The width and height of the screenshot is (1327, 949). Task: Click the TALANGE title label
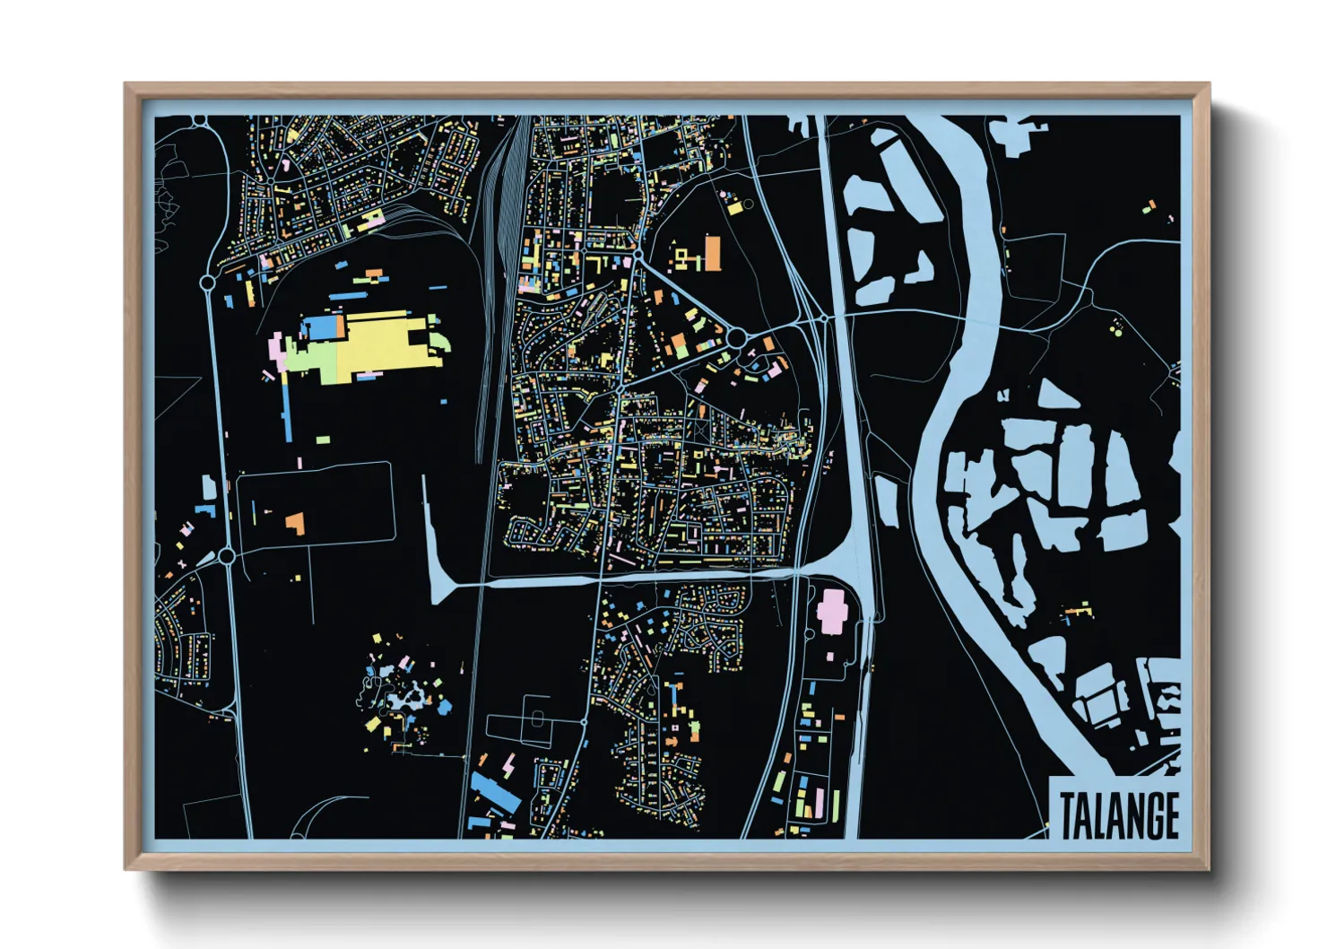click(1118, 814)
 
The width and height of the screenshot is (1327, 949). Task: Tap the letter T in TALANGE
click(1069, 815)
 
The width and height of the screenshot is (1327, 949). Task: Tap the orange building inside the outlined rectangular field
click(295, 523)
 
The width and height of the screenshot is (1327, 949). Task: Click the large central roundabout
click(736, 338)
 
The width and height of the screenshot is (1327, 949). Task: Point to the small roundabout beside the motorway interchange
click(823, 318)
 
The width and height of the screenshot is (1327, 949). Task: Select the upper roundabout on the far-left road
click(207, 283)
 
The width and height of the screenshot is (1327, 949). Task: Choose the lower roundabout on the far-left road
click(227, 556)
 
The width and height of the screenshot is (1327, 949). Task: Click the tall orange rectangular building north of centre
click(712, 253)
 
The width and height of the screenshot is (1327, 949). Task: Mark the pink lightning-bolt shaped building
click(509, 766)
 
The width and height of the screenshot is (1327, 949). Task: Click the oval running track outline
click(536, 718)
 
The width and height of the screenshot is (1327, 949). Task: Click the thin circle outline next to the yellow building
click(748, 205)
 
